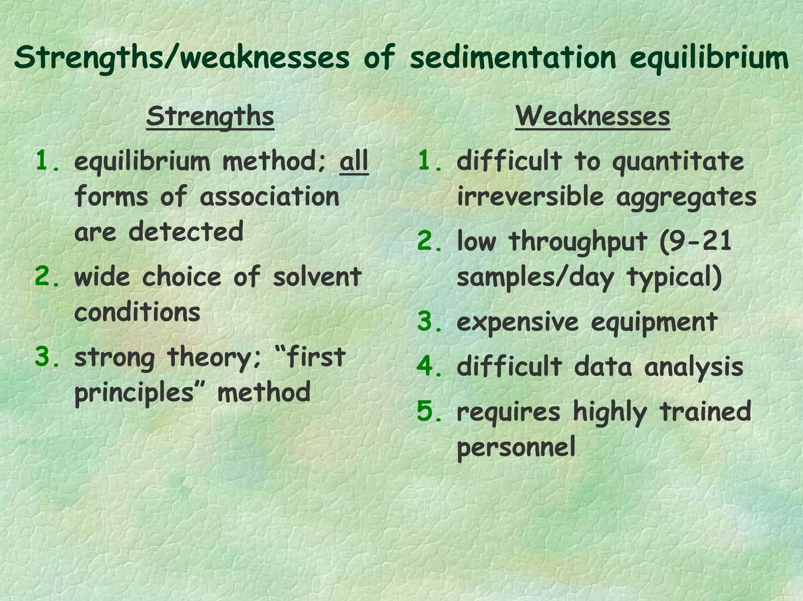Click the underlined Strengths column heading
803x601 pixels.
tap(210, 116)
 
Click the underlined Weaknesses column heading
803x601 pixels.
tap(592, 116)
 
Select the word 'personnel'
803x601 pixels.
tap(516, 447)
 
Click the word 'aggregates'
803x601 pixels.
tap(686, 197)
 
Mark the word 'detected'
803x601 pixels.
tap(186, 231)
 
